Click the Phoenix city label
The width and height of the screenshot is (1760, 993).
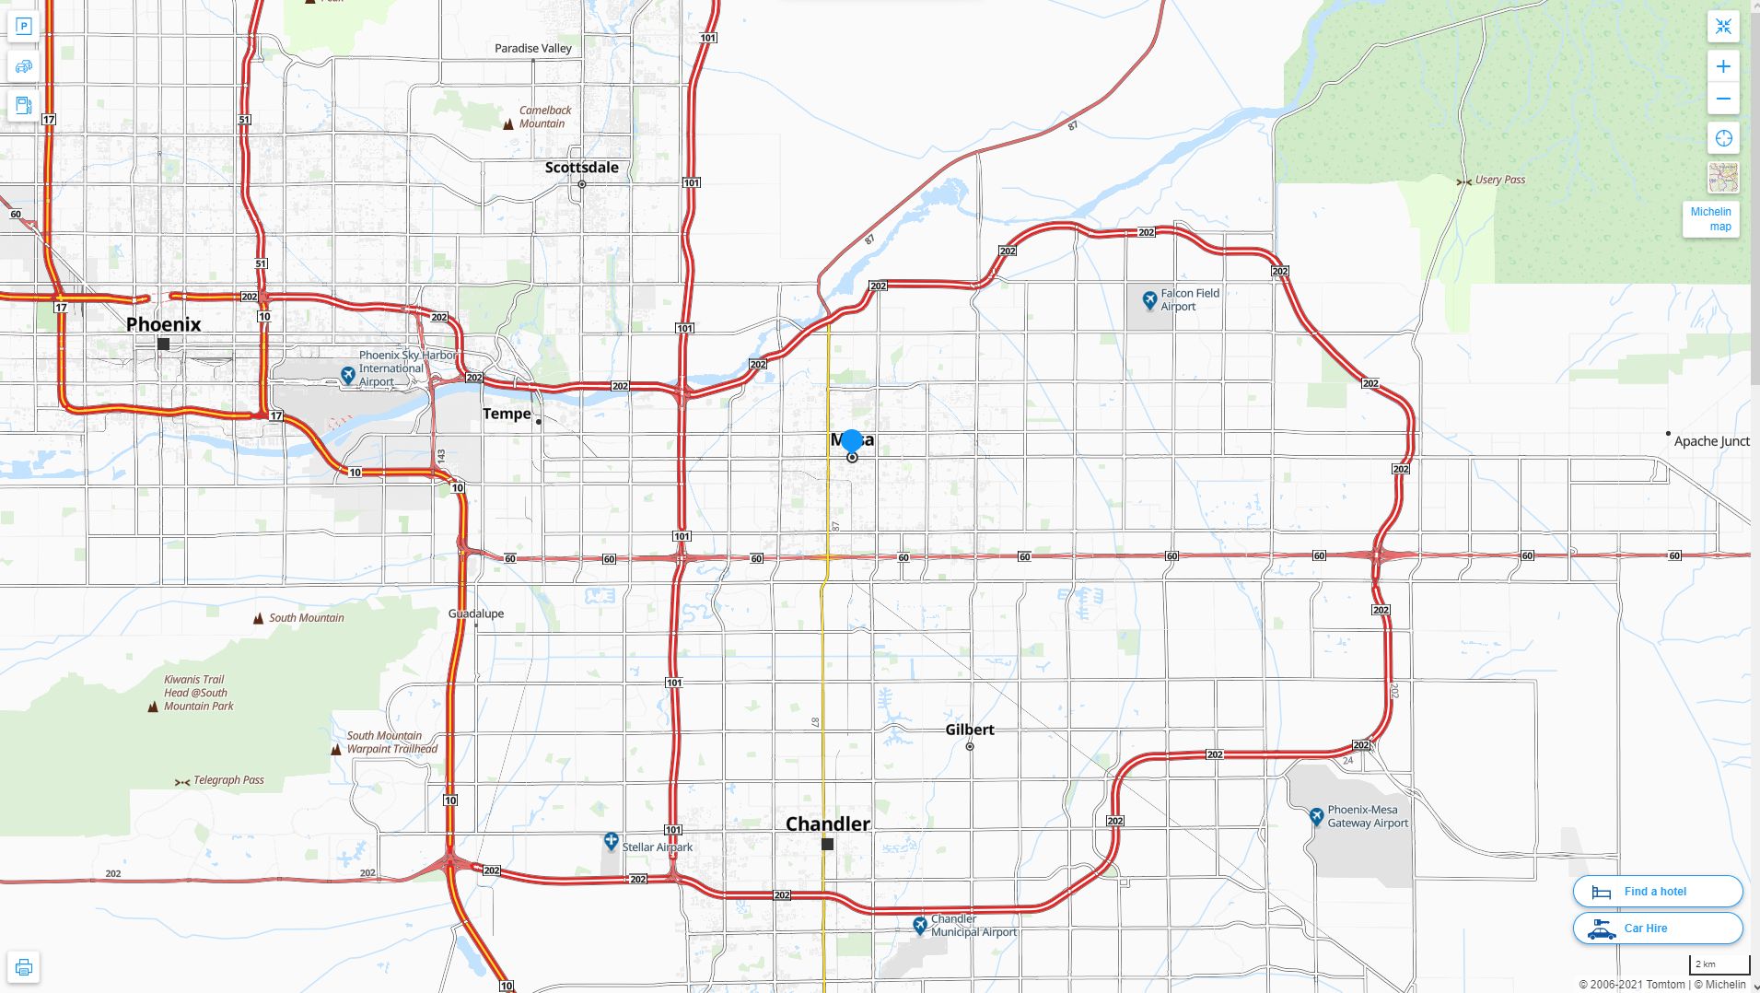(x=163, y=324)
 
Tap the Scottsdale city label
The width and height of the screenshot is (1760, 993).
(x=581, y=168)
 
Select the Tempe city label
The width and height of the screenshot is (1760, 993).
(x=507, y=415)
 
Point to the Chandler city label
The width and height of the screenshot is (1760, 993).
(x=827, y=824)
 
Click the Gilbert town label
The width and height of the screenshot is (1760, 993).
(x=969, y=730)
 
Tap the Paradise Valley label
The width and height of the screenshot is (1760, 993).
(x=532, y=48)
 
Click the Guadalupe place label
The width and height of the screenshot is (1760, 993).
(x=475, y=613)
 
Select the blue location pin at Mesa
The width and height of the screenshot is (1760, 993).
(x=852, y=441)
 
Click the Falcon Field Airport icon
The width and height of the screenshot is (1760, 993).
(x=1148, y=299)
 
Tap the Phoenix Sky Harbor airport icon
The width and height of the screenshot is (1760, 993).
(x=347, y=375)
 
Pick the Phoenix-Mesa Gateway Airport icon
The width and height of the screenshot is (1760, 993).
(x=1316, y=816)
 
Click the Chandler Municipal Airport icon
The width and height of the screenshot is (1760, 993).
(x=919, y=925)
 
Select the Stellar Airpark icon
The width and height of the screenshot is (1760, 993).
(x=611, y=841)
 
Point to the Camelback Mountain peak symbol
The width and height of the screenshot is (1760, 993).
(x=507, y=124)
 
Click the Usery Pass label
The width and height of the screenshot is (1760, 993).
(x=1499, y=180)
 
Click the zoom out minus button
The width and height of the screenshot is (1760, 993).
(x=1723, y=99)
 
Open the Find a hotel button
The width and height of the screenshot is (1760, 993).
(x=1657, y=892)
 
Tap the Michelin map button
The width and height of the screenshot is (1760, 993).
(x=1710, y=219)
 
